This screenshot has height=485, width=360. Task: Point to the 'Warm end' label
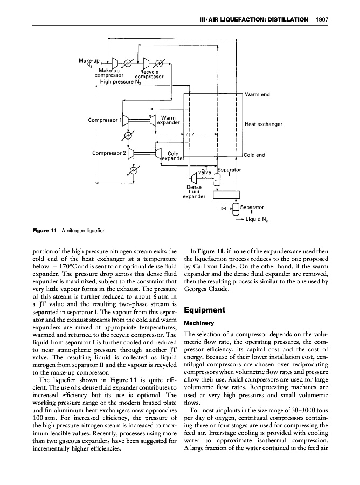coord(256,96)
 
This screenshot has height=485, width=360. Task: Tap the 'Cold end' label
coord(255,155)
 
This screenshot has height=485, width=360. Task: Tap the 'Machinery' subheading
coord(198,323)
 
